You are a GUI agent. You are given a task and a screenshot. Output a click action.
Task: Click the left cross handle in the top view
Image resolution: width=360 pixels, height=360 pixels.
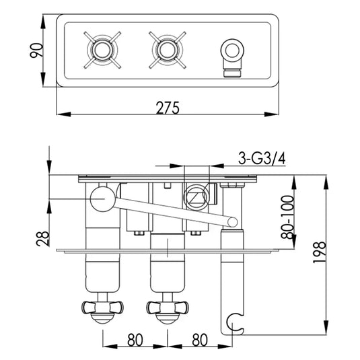[x=104, y=50]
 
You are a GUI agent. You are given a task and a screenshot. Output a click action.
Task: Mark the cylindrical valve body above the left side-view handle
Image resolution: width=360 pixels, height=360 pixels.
[x=102, y=269]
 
